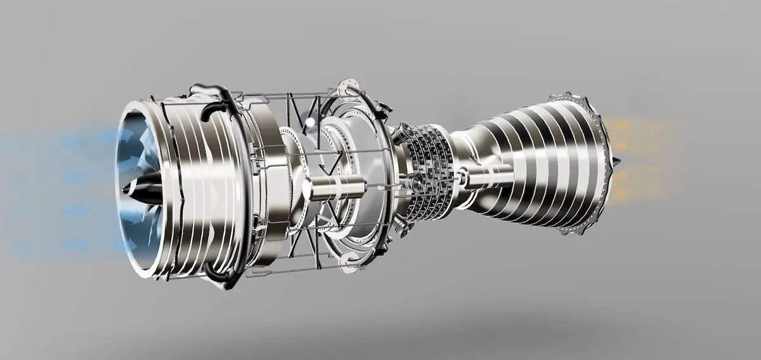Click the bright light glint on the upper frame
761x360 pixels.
pyautogui.click(x=309, y=122)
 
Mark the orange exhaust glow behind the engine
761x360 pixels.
pyautogui.click(x=641, y=158)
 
